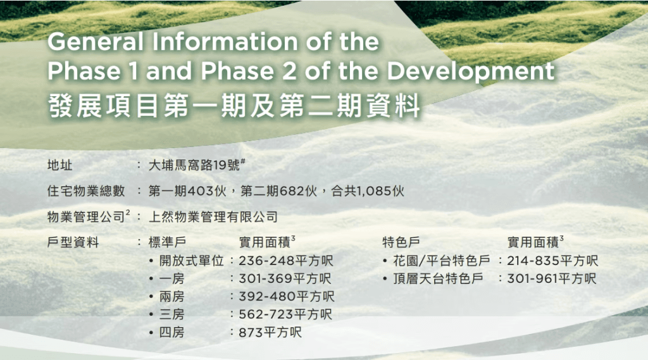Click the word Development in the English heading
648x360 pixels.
coord(470,72)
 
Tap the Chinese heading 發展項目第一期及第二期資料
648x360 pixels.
coord(234,106)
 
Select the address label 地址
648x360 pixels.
coord(60,165)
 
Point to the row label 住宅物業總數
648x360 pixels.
coord(86,191)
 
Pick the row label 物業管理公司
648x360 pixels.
coord(86,216)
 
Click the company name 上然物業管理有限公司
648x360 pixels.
coord(213,216)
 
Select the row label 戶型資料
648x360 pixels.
coord(73,242)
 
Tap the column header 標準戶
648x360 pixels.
coord(167,242)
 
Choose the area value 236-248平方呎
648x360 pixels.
coord(286,261)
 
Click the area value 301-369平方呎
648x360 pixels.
coord(285,278)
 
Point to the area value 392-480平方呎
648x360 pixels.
coord(287,296)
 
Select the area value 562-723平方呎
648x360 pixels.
coord(285,314)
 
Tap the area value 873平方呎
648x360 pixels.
coord(270,332)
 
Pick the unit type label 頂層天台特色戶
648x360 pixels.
coord(438,278)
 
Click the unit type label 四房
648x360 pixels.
coord(172,332)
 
